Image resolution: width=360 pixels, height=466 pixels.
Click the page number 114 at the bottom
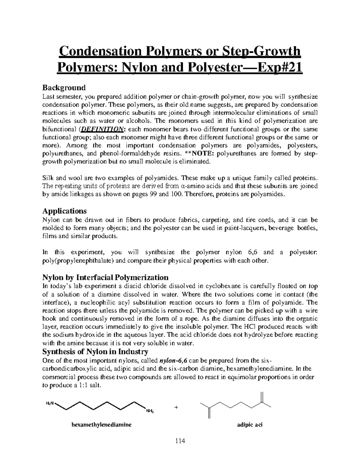pos(180,441)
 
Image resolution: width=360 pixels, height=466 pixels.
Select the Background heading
pos(64,88)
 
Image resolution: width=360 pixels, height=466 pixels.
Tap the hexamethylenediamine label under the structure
pos(101,425)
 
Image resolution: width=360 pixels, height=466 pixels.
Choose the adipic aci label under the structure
pos(249,425)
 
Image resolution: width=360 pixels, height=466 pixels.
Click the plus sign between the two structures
pos(176,408)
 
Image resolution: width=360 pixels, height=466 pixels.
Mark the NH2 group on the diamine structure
pos(150,411)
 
